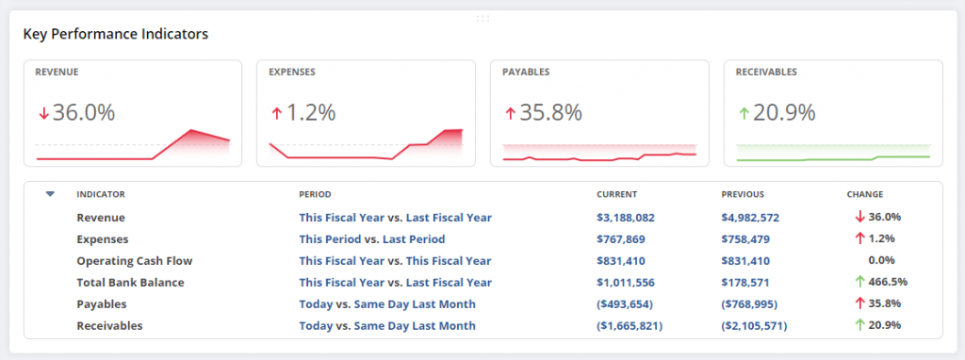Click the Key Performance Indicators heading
(x=115, y=34)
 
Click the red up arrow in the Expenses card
(x=276, y=113)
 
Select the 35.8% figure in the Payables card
(x=550, y=113)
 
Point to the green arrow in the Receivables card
(x=744, y=113)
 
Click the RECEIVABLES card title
(x=766, y=72)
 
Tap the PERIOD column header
(x=315, y=194)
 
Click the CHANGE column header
(x=865, y=194)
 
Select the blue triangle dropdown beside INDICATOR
(x=51, y=194)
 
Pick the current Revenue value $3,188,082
(x=626, y=218)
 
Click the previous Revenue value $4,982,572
(x=750, y=218)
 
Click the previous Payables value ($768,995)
(x=753, y=304)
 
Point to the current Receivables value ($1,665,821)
(x=630, y=326)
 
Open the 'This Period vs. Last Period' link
(x=371, y=239)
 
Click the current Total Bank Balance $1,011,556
(x=626, y=283)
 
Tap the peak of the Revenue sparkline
(x=191, y=130)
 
